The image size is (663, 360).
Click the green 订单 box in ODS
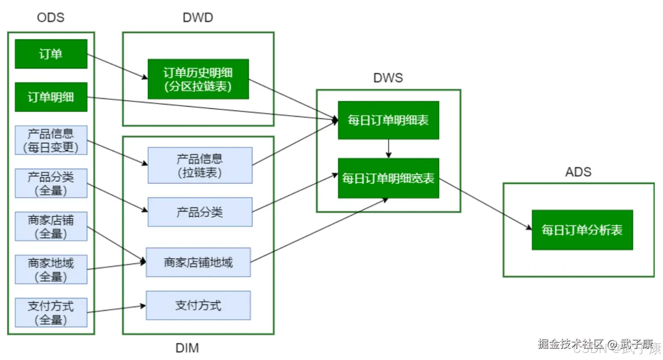coord(51,54)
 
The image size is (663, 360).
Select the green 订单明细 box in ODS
coord(51,97)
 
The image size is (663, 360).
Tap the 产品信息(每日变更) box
coord(51,140)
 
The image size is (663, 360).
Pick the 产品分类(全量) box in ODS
coord(51,183)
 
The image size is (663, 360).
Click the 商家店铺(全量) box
coord(51,226)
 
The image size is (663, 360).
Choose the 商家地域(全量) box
coord(51,269)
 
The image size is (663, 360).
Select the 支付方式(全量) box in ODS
coord(51,313)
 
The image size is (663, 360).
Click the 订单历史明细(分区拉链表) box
coord(198,79)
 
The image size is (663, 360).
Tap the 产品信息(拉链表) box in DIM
coord(200,165)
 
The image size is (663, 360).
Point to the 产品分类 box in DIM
coord(200,212)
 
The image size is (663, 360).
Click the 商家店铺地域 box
coord(198,262)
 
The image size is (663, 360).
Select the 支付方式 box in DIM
coord(198,305)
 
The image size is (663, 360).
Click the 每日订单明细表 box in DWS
coord(388,120)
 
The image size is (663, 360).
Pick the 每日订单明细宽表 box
coord(388,178)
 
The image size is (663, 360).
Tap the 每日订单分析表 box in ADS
coord(582,230)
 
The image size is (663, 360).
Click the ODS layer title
coord(51,18)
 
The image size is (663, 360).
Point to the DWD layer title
coord(198,18)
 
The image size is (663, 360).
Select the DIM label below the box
coord(187,348)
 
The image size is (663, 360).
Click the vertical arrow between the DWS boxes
coord(389,149)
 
